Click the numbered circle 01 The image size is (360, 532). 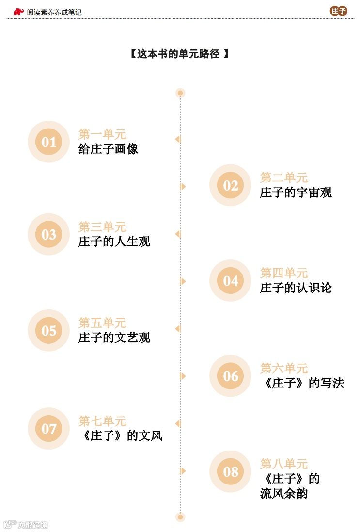tap(48, 142)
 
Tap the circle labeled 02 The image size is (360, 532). tap(231, 185)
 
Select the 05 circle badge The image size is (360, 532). tap(48, 330)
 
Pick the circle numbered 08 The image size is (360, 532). tap(231, 471)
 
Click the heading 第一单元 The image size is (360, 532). tap(102, 134)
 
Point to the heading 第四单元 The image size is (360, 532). tap(284, 273)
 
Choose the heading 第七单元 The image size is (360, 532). tap(102, 421)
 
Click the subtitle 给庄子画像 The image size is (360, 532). tap(109, 149)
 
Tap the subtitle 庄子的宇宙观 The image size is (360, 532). tap(296, 193)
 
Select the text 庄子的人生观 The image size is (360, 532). tap(114, 241)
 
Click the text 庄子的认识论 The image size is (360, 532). tap(296, 288)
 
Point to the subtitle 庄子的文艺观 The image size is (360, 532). tap(114, 338)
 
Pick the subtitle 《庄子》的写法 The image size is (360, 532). tap(302, 383)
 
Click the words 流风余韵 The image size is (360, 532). tap(284, 494)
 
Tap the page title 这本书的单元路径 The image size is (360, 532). tap(179, 54)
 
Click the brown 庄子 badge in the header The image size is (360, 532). tap(339, 11)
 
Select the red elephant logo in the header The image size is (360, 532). tap(18, 11)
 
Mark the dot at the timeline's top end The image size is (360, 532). tap(180, 93)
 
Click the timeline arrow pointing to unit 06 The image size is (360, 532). tap(183, 376)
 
